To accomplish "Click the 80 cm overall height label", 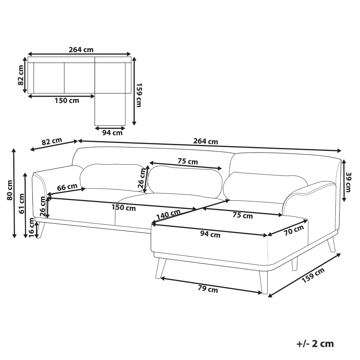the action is (x=10, y=190).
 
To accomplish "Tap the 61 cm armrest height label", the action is (x=21, y=204).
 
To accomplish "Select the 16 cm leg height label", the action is (x=31, y=228).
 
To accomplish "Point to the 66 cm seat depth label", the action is (x=67, y=187).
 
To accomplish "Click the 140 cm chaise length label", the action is (x=168, y=215).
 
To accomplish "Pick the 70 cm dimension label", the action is (x=294, y=230).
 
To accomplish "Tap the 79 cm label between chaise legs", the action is (x=208, y=289).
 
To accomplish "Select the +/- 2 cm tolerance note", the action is (x=315, y=344).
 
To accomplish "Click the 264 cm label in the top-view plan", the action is (x=81, y=49).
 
